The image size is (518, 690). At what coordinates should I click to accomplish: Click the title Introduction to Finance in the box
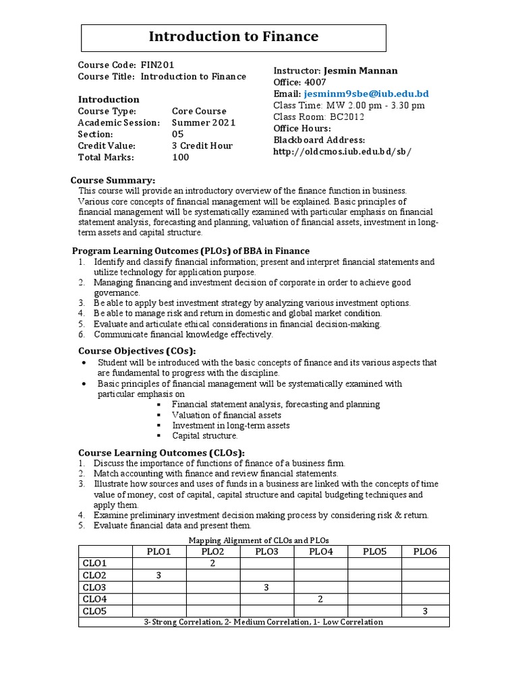click(x=233, y=36)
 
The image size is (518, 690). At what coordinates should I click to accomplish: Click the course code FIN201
click(x=156, y=65)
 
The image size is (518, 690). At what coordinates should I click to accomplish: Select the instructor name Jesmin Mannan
click(x=361, y=71)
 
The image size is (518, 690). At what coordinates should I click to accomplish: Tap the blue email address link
click(x=367, y=94)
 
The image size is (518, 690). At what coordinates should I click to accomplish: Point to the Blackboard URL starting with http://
click(x=341, y=152)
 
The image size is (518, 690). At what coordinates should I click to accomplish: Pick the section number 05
click(x=177, y=134)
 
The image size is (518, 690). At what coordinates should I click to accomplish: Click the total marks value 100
click(x=180, y=157)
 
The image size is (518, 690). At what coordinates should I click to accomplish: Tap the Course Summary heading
click(x=113, y=180)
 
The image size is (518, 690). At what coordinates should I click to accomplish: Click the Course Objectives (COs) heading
click(x=138, y=351)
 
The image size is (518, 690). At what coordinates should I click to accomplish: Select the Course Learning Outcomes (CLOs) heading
click(x=162, y=452)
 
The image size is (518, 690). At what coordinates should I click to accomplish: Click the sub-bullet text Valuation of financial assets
click(x=227, y=415)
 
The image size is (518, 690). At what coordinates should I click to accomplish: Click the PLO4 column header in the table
click(x=320, y=552)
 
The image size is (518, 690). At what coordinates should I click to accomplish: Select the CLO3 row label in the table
click(x=94, y=588)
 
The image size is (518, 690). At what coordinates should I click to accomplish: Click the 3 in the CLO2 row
click(x=159, y=575)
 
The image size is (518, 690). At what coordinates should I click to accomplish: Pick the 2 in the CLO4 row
click(x=320, y=599)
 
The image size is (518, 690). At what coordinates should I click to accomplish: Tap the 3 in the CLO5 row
click(x=425, y=611)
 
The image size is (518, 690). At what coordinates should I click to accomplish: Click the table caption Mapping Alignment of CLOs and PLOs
click(x=264, y=540)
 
